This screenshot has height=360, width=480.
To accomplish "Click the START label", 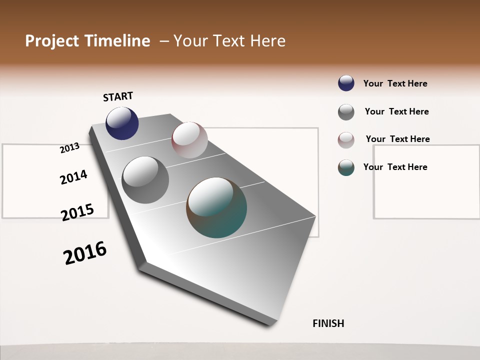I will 118,96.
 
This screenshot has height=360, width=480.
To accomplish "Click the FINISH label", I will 328,323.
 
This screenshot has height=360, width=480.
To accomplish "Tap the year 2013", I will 69,147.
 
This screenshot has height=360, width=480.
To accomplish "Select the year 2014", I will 73,177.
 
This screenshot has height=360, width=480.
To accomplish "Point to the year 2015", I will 77,212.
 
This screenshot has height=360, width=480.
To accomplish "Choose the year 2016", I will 85,253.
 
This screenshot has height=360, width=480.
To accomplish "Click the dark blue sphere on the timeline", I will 122,123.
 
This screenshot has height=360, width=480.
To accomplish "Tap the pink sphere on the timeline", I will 189,139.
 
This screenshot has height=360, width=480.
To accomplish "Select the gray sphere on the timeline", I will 145,180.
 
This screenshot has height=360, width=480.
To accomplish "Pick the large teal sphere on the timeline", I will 216,207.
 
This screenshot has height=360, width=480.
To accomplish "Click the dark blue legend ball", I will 346,83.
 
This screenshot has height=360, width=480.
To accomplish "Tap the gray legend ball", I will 346,112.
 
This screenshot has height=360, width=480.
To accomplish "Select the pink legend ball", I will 346,140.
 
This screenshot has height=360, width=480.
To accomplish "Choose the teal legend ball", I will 346,167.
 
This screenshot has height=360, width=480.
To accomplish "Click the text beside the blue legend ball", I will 395,83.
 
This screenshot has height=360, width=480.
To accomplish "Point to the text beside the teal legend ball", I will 395,167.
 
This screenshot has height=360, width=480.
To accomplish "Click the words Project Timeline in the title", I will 87,41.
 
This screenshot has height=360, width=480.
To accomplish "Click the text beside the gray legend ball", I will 396,111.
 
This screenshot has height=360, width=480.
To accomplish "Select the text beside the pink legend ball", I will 397,139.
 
